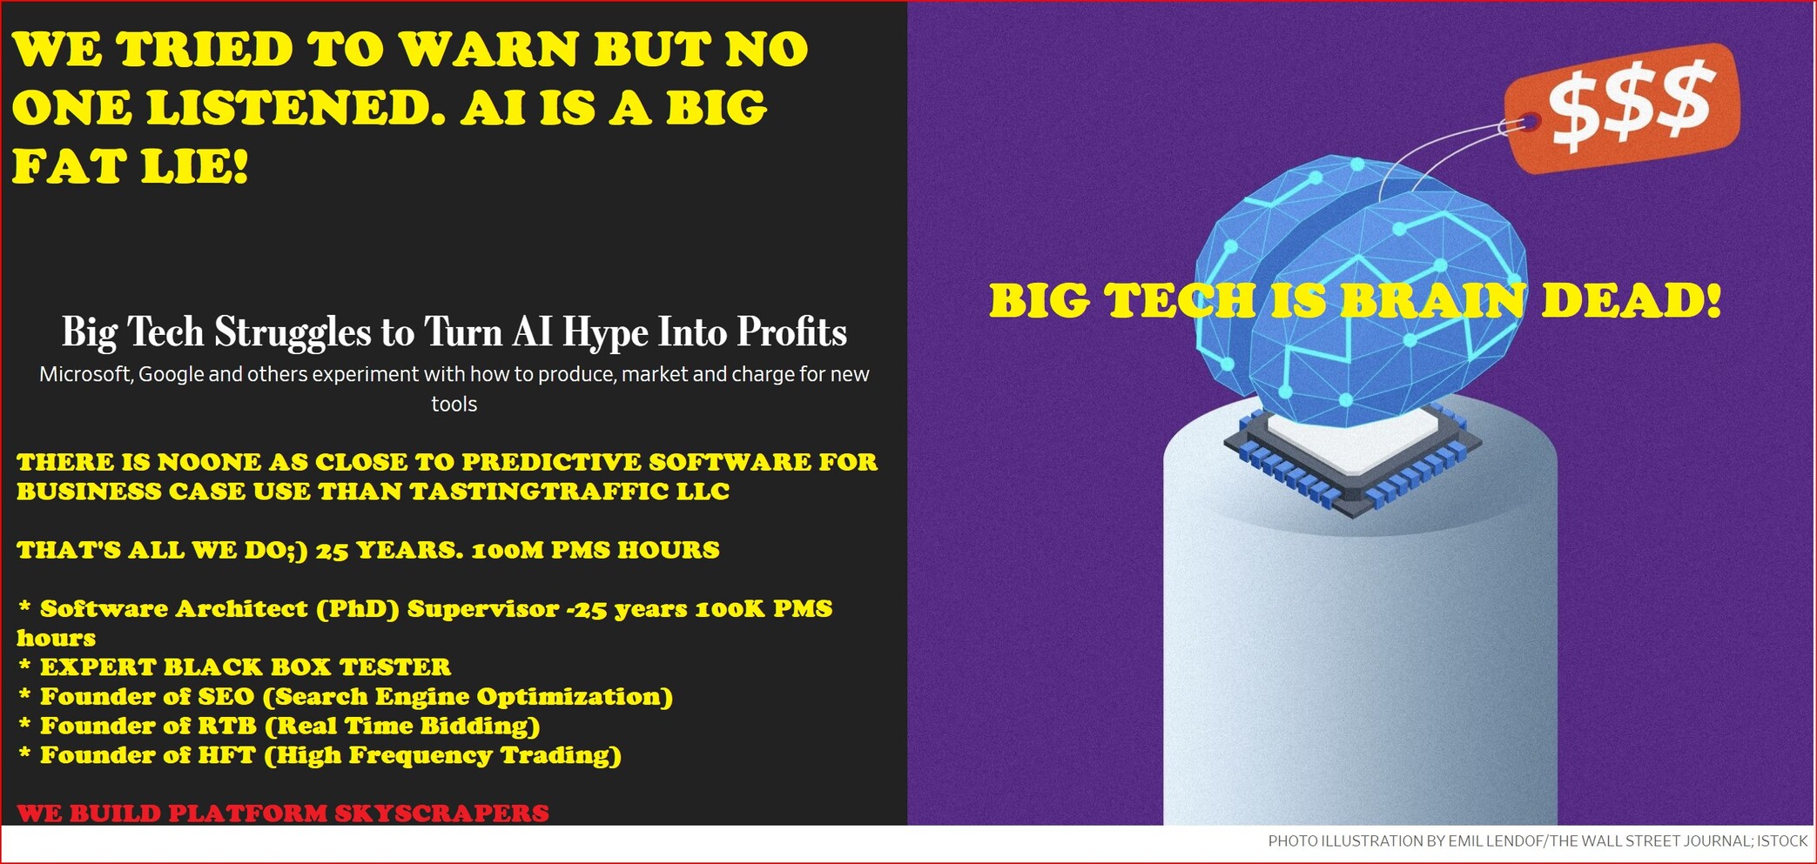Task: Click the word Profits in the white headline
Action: [x=791, y=332]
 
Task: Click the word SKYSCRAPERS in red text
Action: [x=441, y=814]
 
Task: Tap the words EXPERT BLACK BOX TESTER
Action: [x=246, y=667]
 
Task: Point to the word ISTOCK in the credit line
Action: [x=1782, y=841]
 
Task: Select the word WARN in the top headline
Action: [x=490, y=49]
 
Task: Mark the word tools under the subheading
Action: [x=454, y=405]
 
